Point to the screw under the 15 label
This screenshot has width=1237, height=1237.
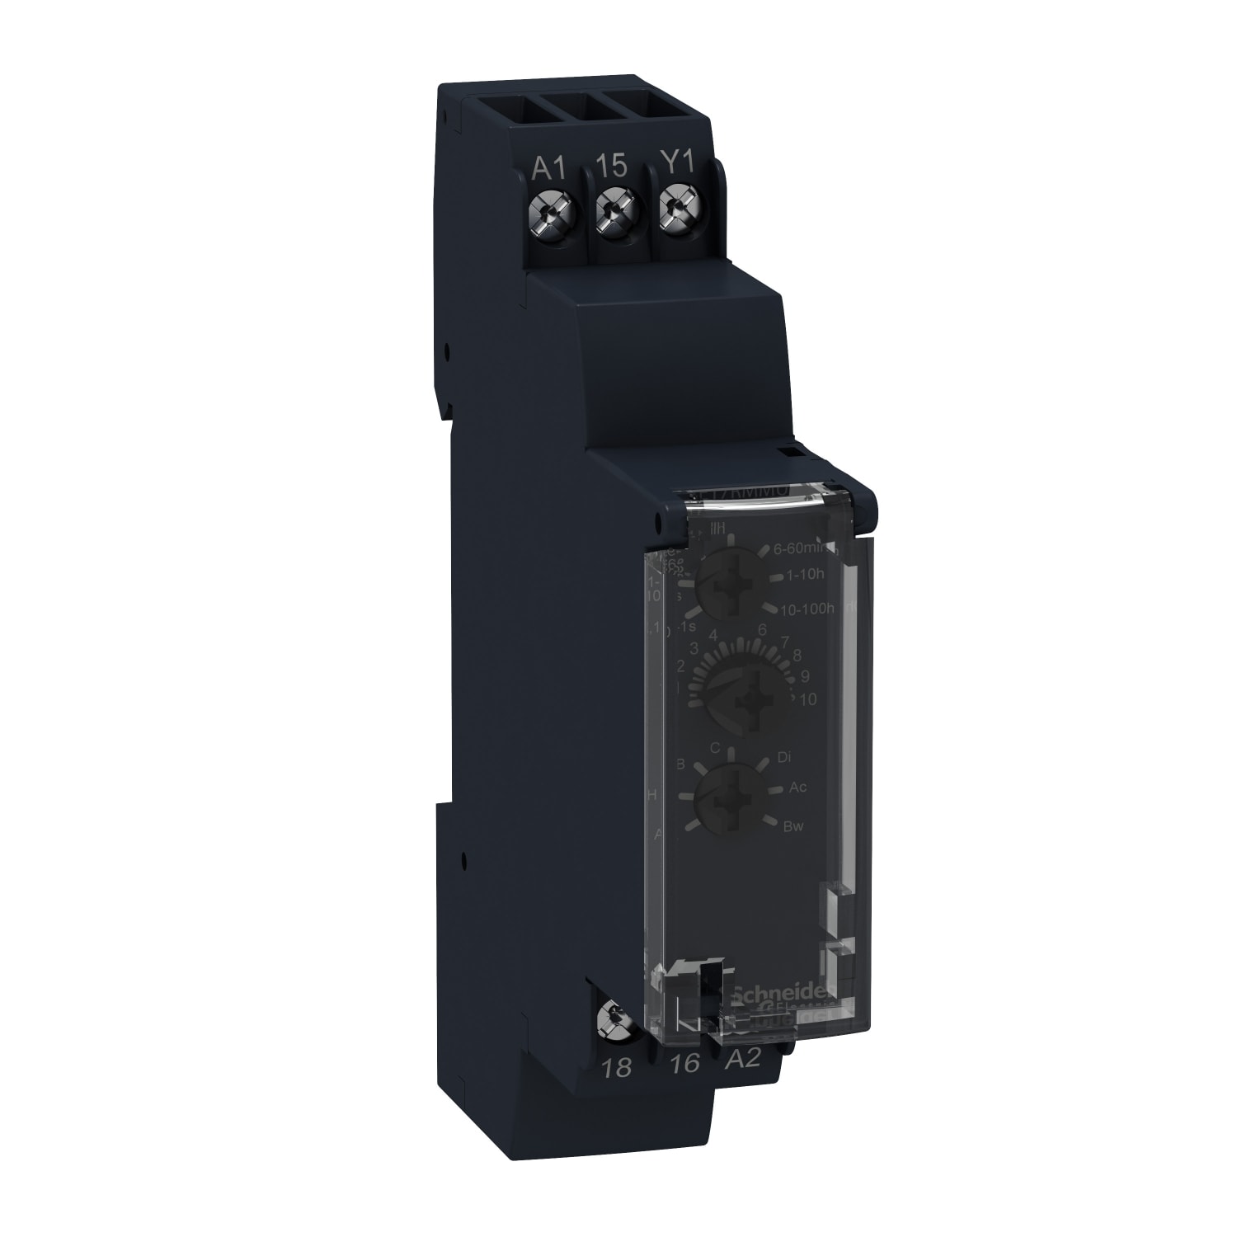pyautogui.click(x=613, y=218)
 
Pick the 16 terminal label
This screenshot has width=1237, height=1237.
pyautogui.click(x=684, y=1064)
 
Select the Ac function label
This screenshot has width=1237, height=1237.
pyautogui.click(x=797, y=788)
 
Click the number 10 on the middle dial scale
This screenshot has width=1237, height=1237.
pyautogui.click(x=807, y=699)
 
